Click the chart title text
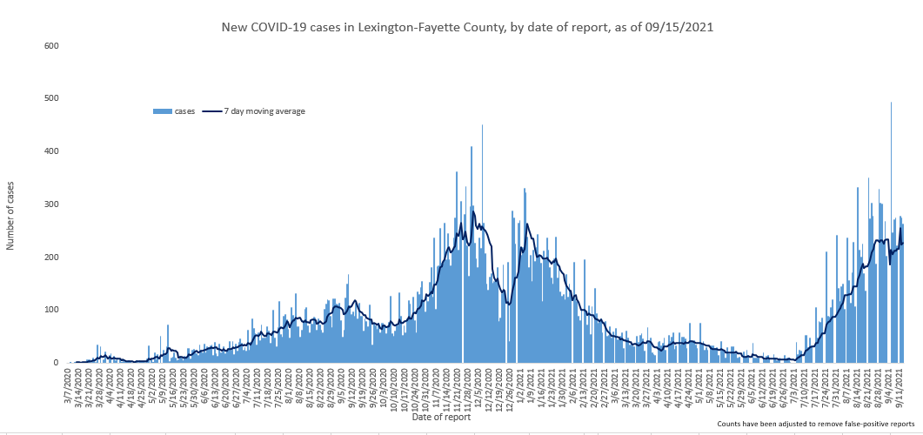(x=468, y=27)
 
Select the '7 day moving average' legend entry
(x=258, y=111)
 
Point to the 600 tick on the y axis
(x=50, y=45)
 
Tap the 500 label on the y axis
(x=50, y=98)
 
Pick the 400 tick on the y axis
(x=50, y=151)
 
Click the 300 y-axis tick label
(x=50, y=204)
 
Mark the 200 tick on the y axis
(x=50, y=258)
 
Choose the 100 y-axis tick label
(x=50, y=311)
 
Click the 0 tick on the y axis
(x=56, y=363)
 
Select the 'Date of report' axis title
(x=442, y=418)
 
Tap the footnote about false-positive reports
(x=816, y=424)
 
